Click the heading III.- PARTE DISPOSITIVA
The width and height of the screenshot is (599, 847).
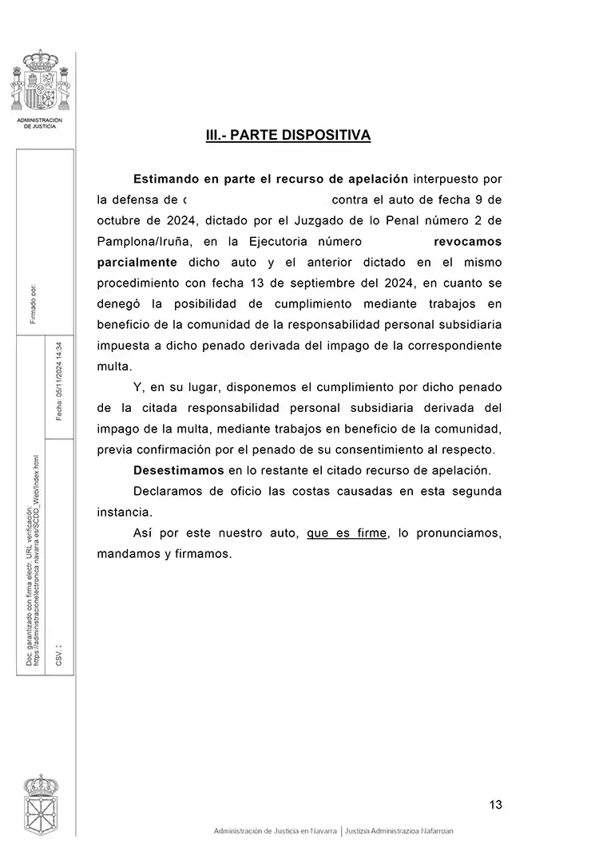pyautogui.click(x=288, y=136)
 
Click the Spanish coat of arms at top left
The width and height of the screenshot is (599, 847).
pyautogui.click(x=40, y=82)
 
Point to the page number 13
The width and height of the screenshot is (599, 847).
pyautogui.click(x=495, y=805)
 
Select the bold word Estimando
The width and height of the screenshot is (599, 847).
pyautogui.click(x=166, y=178)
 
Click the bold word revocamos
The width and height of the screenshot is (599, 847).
pyautogui.click(x=467, y=240)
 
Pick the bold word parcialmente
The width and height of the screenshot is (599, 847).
pyautogui.click(x=137, y=261)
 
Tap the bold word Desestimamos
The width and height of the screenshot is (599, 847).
pyautogui.click(x=180, y=469)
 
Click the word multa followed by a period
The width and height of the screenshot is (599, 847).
pyautogui.click(x=113, y=366)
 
